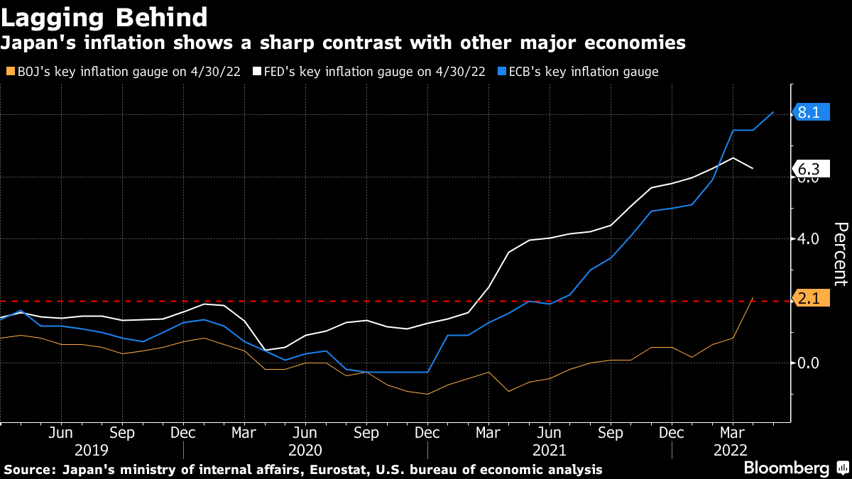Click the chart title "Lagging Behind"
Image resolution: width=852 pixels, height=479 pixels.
click(104, 16)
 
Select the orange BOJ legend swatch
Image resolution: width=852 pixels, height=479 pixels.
click(9, 71)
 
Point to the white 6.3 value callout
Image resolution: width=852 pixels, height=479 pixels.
click(809, 169)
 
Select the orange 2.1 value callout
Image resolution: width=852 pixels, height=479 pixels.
click(809, 300)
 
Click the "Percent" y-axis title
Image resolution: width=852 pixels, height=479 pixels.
click(841, 253)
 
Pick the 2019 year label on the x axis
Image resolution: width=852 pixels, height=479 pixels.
click(92, 450)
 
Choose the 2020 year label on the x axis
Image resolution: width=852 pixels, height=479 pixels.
click(306, 450)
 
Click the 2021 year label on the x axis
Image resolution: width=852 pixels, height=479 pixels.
click(550, 450)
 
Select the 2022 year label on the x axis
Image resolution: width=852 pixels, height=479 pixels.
click(732, 450)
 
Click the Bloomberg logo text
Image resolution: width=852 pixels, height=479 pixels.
click(786, 468)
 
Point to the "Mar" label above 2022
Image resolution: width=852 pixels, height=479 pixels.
click(733, 431)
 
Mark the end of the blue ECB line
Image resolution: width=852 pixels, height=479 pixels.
click(773, 112)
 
